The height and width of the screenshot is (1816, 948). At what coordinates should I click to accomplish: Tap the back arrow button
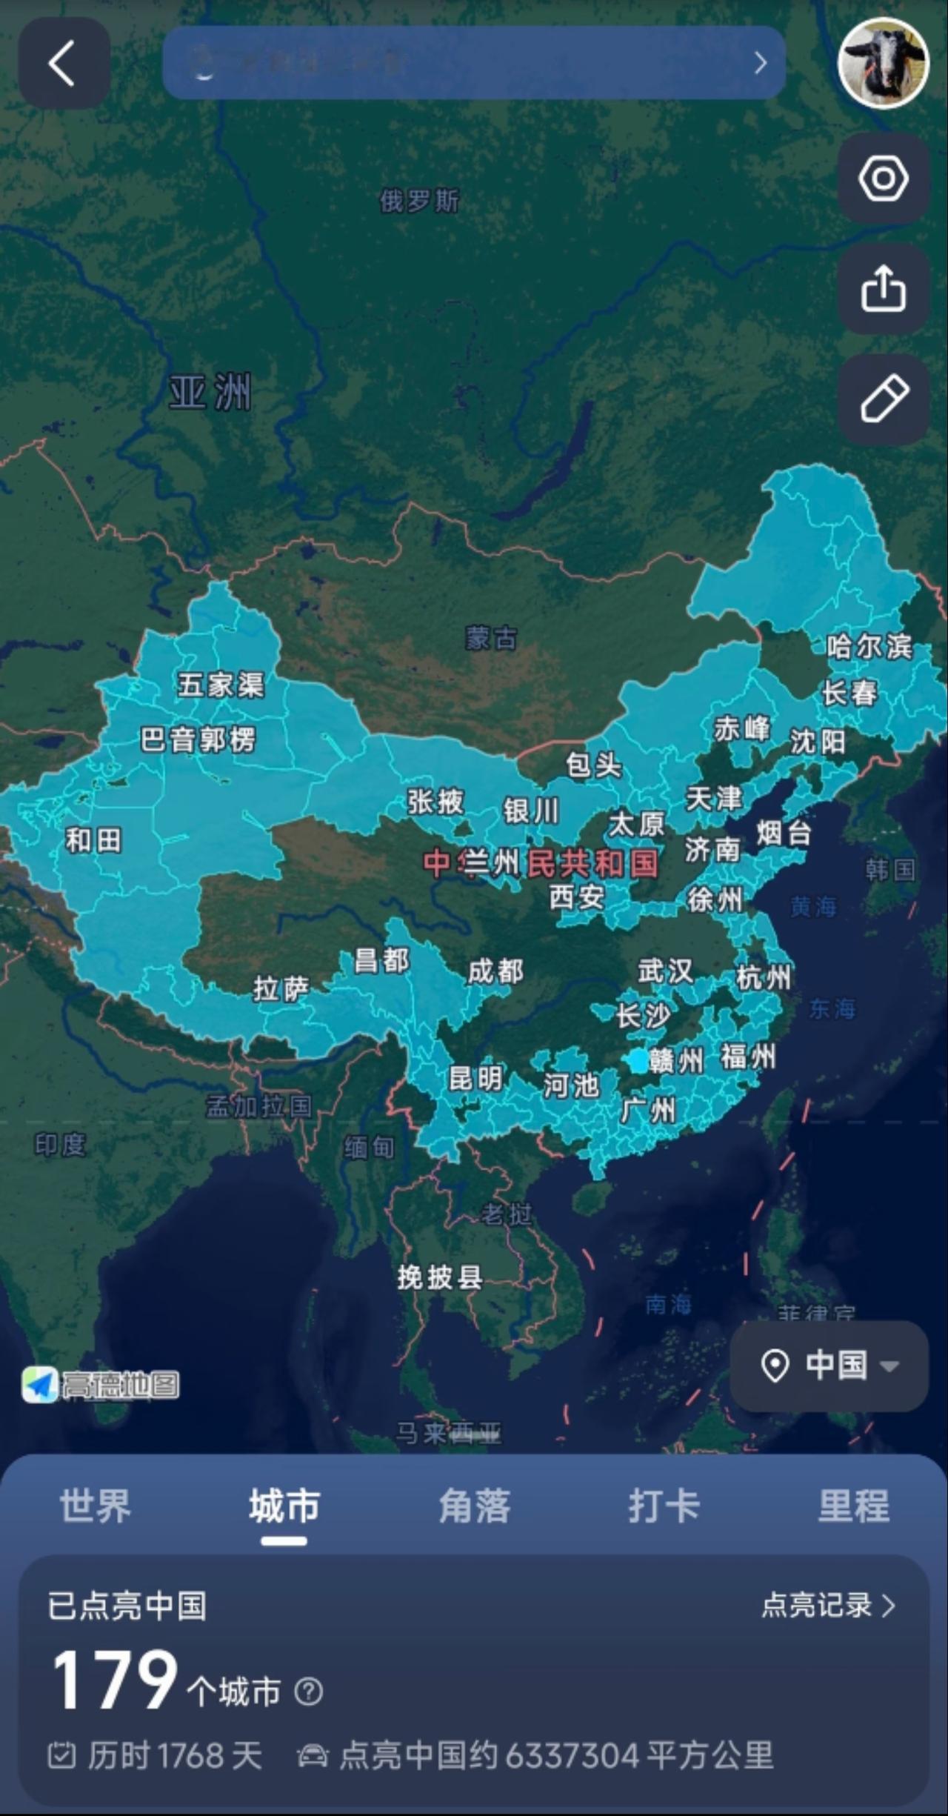[64, 64]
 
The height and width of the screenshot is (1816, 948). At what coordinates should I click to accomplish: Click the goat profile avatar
[883, 63]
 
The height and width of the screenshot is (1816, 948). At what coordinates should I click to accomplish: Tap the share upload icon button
[884, 289]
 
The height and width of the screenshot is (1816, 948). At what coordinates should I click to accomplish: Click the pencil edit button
[884, 399]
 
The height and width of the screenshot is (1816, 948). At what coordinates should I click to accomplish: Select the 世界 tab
[96, 1506]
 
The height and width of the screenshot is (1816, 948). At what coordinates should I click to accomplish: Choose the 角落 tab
[474, 1506]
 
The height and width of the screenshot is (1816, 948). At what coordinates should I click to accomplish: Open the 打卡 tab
[664, 1506]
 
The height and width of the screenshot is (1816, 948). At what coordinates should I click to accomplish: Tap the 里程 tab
[853, 1506]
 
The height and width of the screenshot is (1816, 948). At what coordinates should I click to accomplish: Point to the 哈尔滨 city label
[869, 647]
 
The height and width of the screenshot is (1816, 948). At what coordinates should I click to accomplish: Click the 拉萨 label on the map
[281, 988]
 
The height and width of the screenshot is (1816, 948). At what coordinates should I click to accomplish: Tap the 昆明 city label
[475, 1079]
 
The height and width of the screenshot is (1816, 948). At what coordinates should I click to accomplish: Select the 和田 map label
[93, 841]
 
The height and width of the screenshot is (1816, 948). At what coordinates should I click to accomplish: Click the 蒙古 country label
[491, 638]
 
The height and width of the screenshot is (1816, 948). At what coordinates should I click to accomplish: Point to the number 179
[115, 1681]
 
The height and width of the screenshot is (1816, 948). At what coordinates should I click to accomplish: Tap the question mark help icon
[308, 1692]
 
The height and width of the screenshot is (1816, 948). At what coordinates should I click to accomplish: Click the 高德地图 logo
[101, 1384]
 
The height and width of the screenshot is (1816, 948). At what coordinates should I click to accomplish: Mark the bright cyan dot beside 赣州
[638, 1061]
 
